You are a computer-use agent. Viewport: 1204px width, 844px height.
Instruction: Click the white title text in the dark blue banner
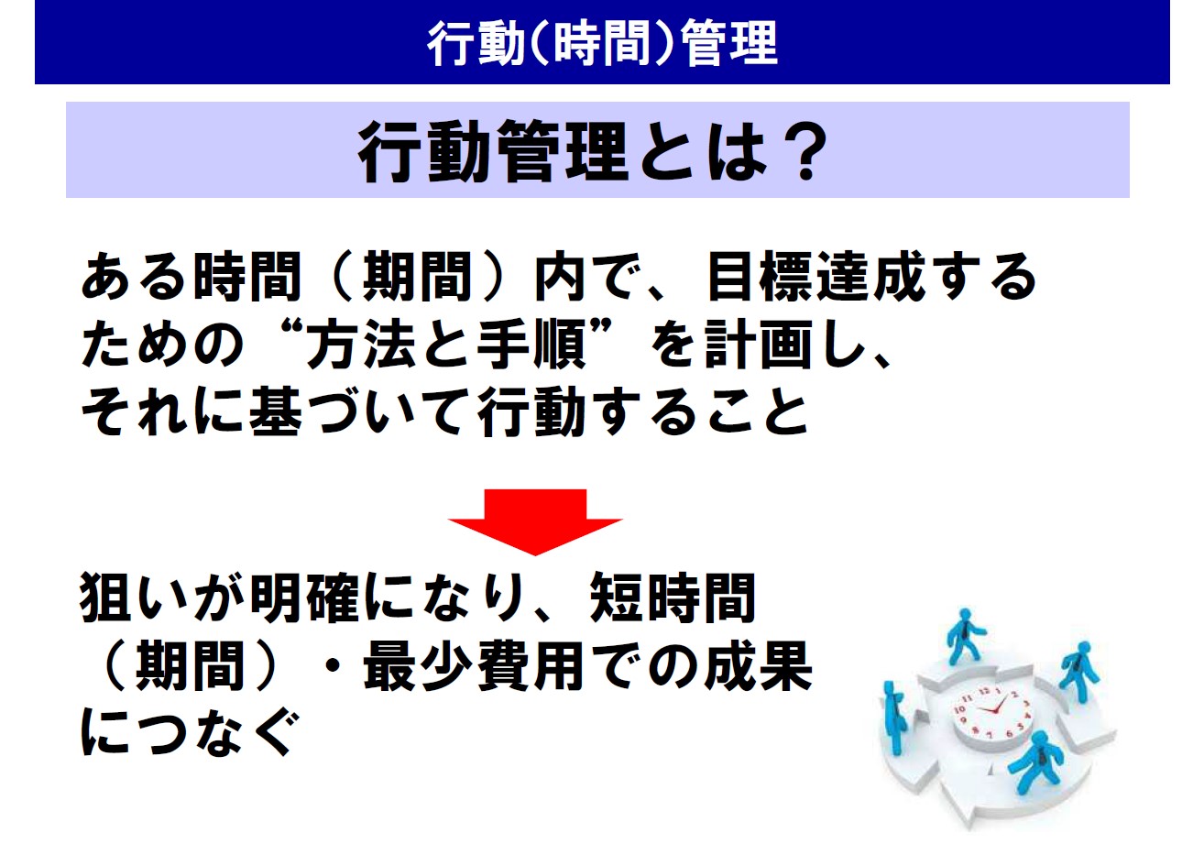tap(603, 43)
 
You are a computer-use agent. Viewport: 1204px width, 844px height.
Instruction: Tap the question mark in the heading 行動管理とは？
tap(805, 150)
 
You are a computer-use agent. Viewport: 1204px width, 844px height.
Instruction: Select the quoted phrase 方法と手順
tap(445, 344)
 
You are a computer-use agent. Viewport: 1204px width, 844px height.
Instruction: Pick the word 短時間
tap(673, 597)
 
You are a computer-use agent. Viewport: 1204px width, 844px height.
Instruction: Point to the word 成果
tap(758, 666)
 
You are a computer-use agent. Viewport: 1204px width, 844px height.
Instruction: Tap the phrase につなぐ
tap(189, 732)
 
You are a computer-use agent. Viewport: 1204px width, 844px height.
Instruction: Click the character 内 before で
tap(560, 277)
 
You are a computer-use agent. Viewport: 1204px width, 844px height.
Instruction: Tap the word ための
tap(162, 344)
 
